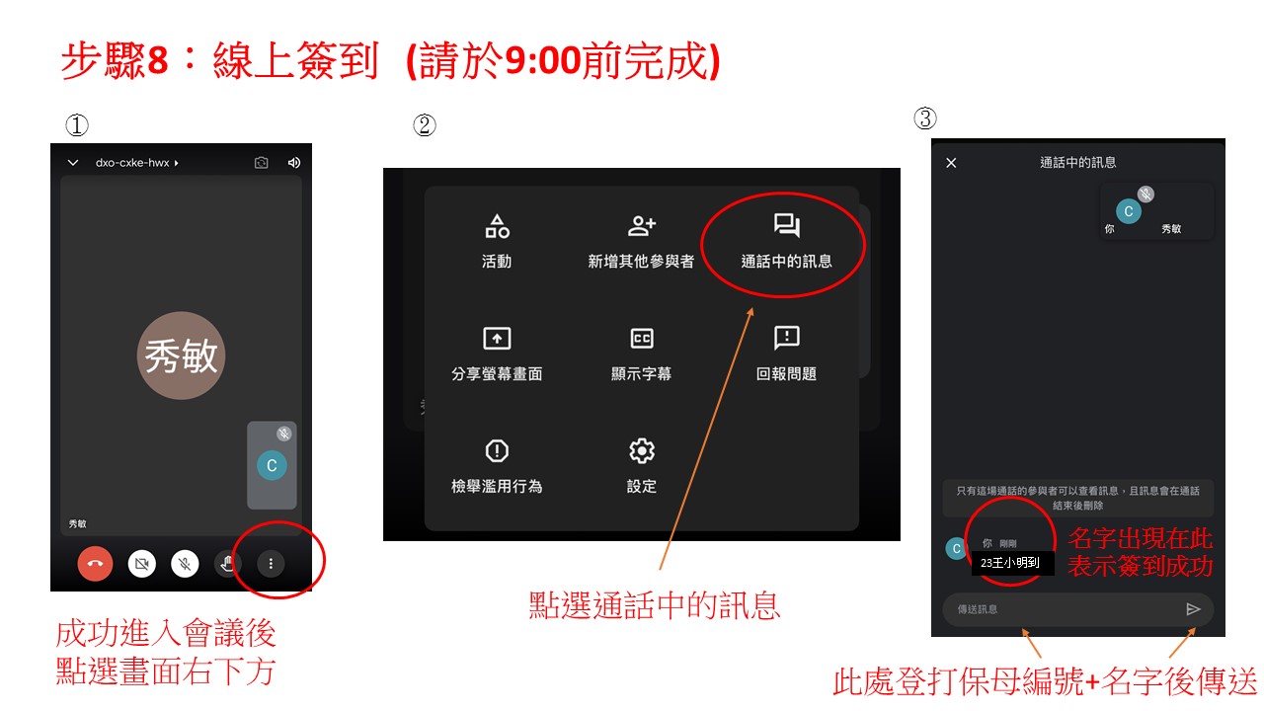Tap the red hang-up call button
(x=95, y=563)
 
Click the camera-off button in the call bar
(x=142, y=563)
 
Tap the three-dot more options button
(x=271, y=563)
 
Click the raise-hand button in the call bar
(x=228, y=563)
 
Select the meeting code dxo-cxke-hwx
(x=132, y=163)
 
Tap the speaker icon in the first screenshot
(x=294, y=163)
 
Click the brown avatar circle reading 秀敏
(x=181, y=355)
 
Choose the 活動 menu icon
(x=497, y=226)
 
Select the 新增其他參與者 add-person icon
(x=642, y=226)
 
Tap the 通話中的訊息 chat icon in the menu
(x=787, y=225)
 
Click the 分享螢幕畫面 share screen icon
(x=497, y=339)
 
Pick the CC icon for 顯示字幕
(x=642, y=339)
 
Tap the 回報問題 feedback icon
(x=787, y=338)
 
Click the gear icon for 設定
(x=642, y=451)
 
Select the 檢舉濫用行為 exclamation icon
(x=497, y=451)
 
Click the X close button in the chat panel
(x=951, y=163)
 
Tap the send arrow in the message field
(x=1193, y=609)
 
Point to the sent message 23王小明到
(x=1010, y=563)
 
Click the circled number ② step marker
(x=425, y=124)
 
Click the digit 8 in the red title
(x=157, y=60)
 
